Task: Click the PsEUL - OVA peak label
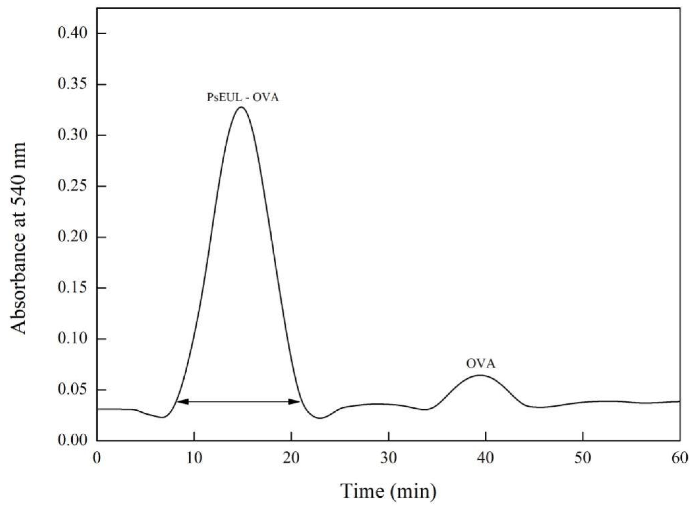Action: point(242,98)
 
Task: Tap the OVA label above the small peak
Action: point(481,364)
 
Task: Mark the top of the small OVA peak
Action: point(479,375)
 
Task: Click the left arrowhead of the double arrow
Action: point(182,401)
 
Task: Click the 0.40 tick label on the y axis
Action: point(73,33)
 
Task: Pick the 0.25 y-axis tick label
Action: point(73,186)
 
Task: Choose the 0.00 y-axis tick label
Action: point(73,440)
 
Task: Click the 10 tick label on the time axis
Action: point(194,459)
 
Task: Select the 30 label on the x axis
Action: point(389,459)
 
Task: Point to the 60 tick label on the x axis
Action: point(679,459)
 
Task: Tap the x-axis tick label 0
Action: point(97,459)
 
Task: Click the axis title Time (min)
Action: point(389,491)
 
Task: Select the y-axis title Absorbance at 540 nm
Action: point(19,238)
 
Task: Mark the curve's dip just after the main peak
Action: point(320,418)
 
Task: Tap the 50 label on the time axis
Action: point(583,459)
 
